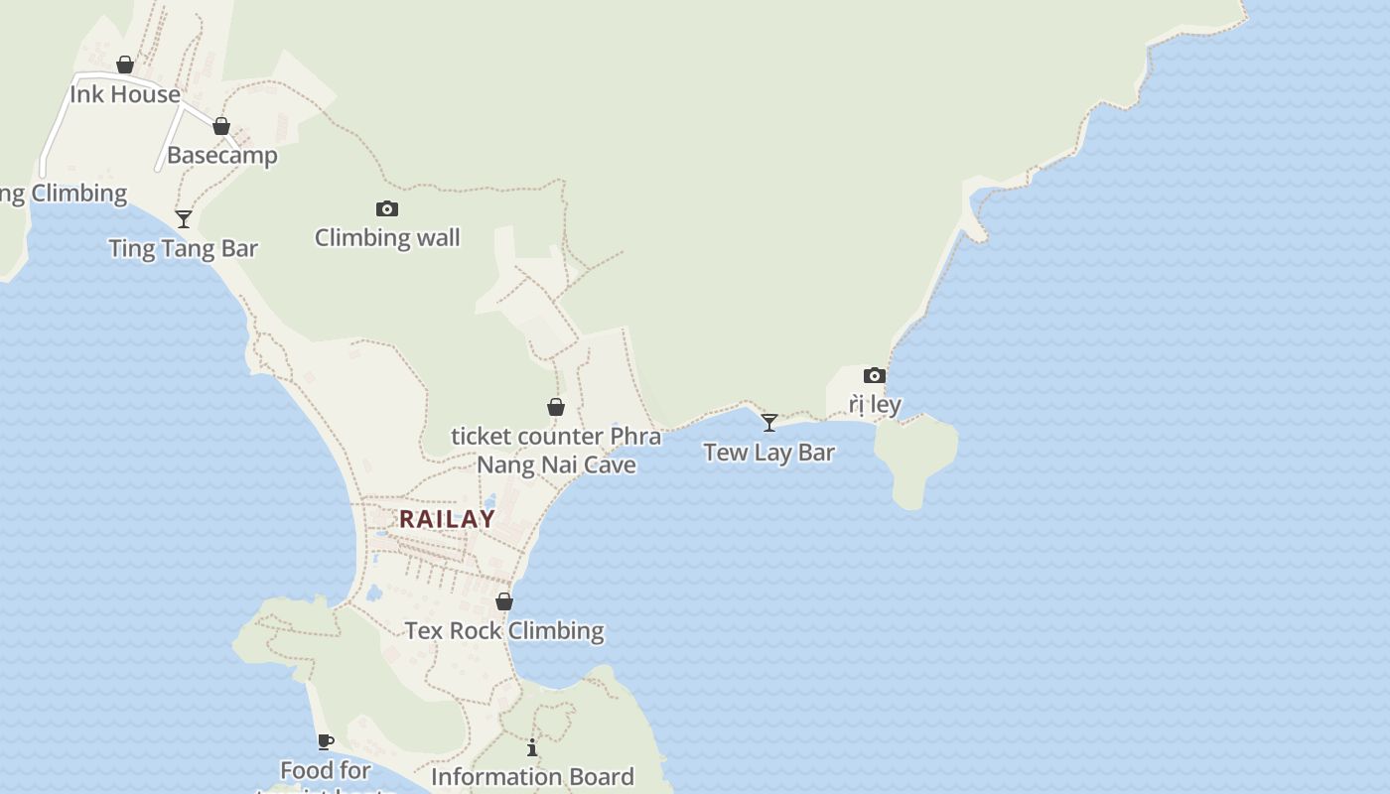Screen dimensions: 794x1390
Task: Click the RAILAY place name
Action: click(x=447, y=519)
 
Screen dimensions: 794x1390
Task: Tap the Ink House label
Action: click(x=125, y=94)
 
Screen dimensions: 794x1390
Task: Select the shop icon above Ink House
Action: click(x=125, y=65)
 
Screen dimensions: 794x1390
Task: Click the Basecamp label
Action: click(x=222, y=155)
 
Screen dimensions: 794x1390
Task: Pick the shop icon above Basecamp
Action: click(x=221, y=126)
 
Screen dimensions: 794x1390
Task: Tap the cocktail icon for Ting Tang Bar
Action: click(x=184, y=218)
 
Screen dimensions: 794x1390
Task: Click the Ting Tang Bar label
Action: click(x=184, y=248)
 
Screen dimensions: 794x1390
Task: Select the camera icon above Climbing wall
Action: click(x=387, y=208)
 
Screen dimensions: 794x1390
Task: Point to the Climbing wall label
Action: click(x=387, y=237)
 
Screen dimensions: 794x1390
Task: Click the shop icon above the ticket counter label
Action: click(x=556, y=407)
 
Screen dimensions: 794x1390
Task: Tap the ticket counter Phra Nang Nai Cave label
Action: click(x=556, y=451)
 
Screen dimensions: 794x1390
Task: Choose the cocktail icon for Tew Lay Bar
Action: click(x=769, y=423)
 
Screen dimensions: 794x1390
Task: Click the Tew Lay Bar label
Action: click(x=769, y=453)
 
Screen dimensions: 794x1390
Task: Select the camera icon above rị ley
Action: click(x=875, y=375)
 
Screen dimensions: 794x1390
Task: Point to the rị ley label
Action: click(x=875, y=404)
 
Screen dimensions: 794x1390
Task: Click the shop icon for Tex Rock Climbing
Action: click(x=504, y=601)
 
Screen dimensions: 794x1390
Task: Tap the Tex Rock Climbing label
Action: click(x=504, y=630)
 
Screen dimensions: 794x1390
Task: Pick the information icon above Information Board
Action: click(x=532, y=747)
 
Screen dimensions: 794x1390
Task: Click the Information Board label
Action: click(x=532, y=776)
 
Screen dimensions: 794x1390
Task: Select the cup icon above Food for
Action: click(x=325, y=741)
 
